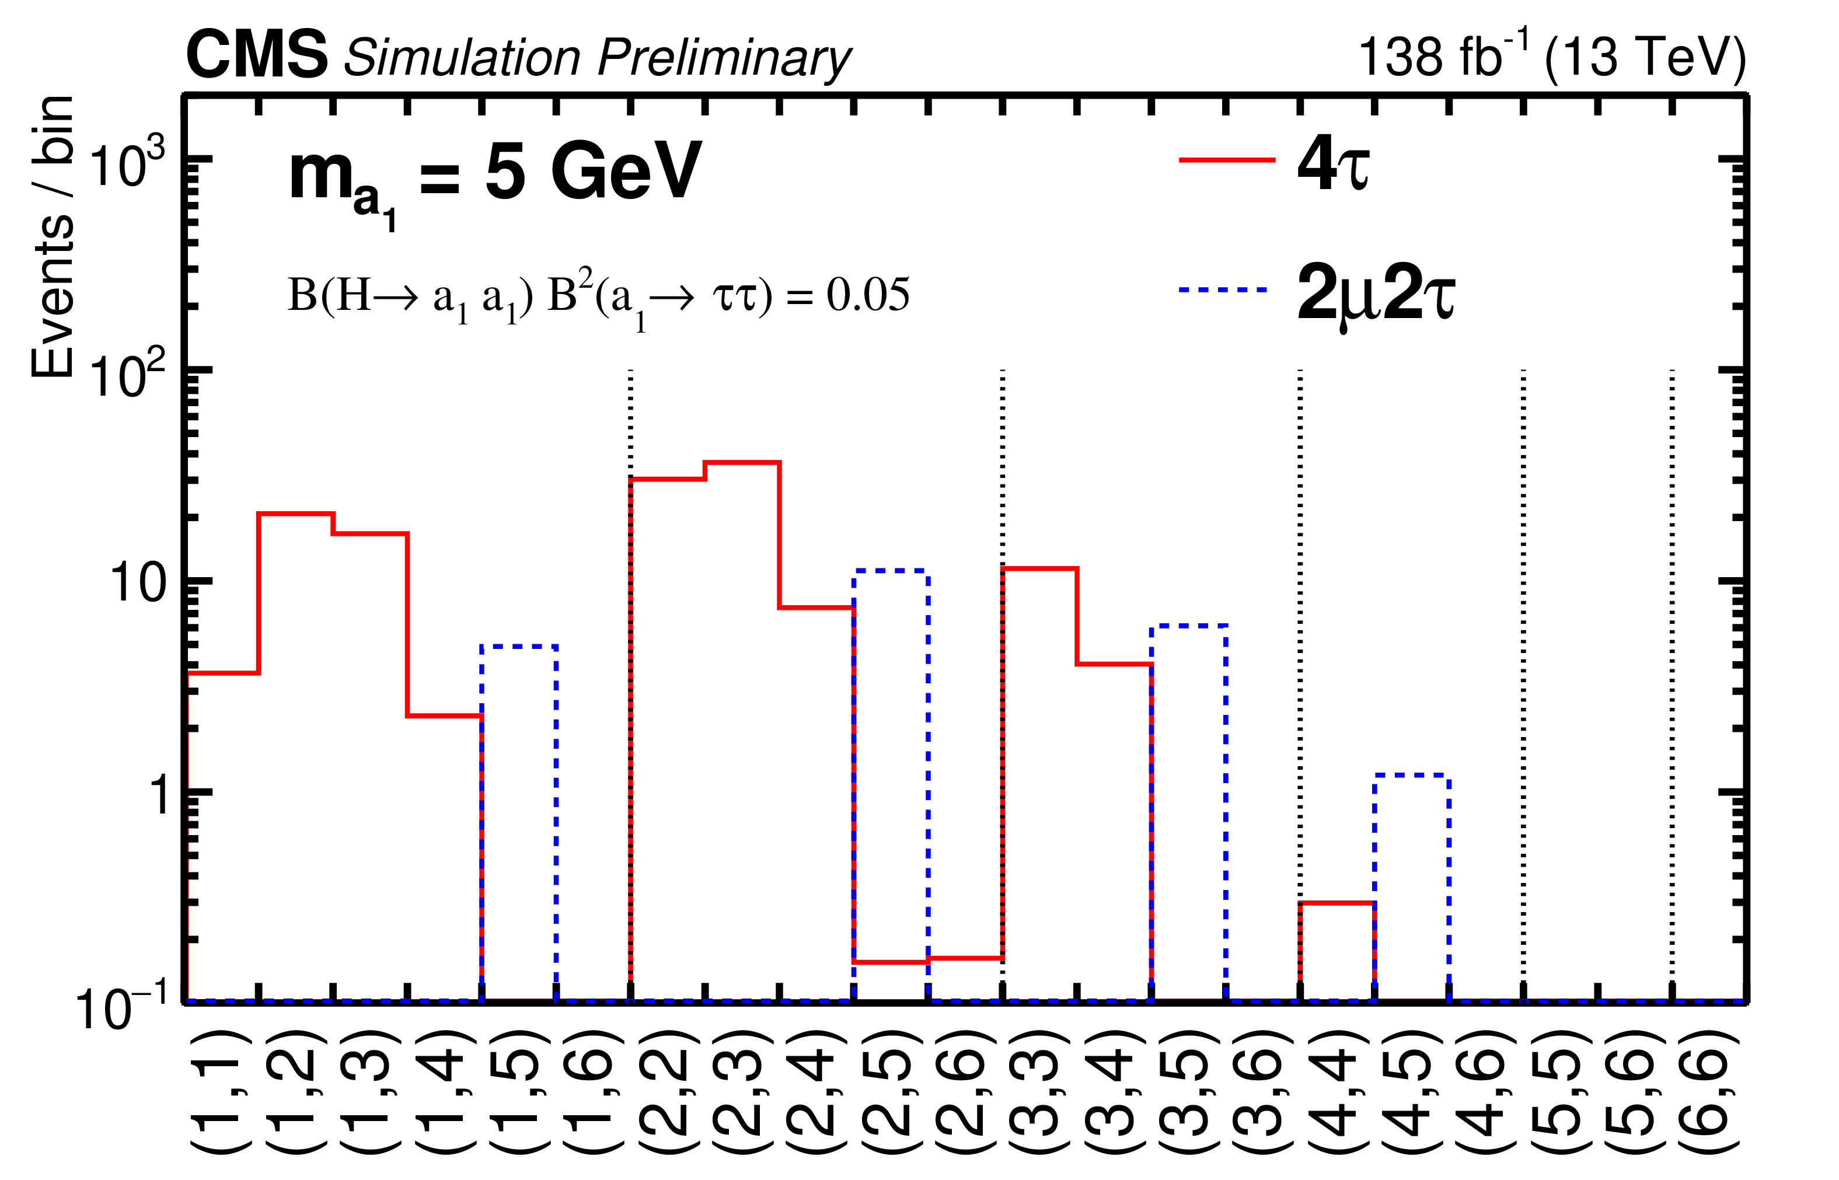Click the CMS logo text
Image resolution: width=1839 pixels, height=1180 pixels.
(x=256, y=55)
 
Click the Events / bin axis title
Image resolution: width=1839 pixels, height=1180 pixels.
(x=52, y=238)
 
